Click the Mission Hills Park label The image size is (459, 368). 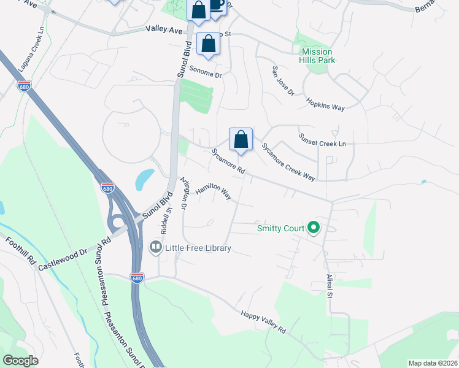[317, 56]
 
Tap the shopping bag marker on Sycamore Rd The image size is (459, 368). [241, 139]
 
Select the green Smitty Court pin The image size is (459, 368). [314, 228]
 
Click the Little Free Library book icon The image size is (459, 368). [155, 248]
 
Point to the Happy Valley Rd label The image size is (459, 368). [263, 321]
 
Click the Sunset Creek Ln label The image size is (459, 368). [322, 140]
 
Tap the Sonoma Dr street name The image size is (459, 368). [205, 72]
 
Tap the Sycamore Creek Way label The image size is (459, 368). [288, 162]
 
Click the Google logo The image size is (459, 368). [21, 361]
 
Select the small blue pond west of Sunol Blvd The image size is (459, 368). [144, 178]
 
